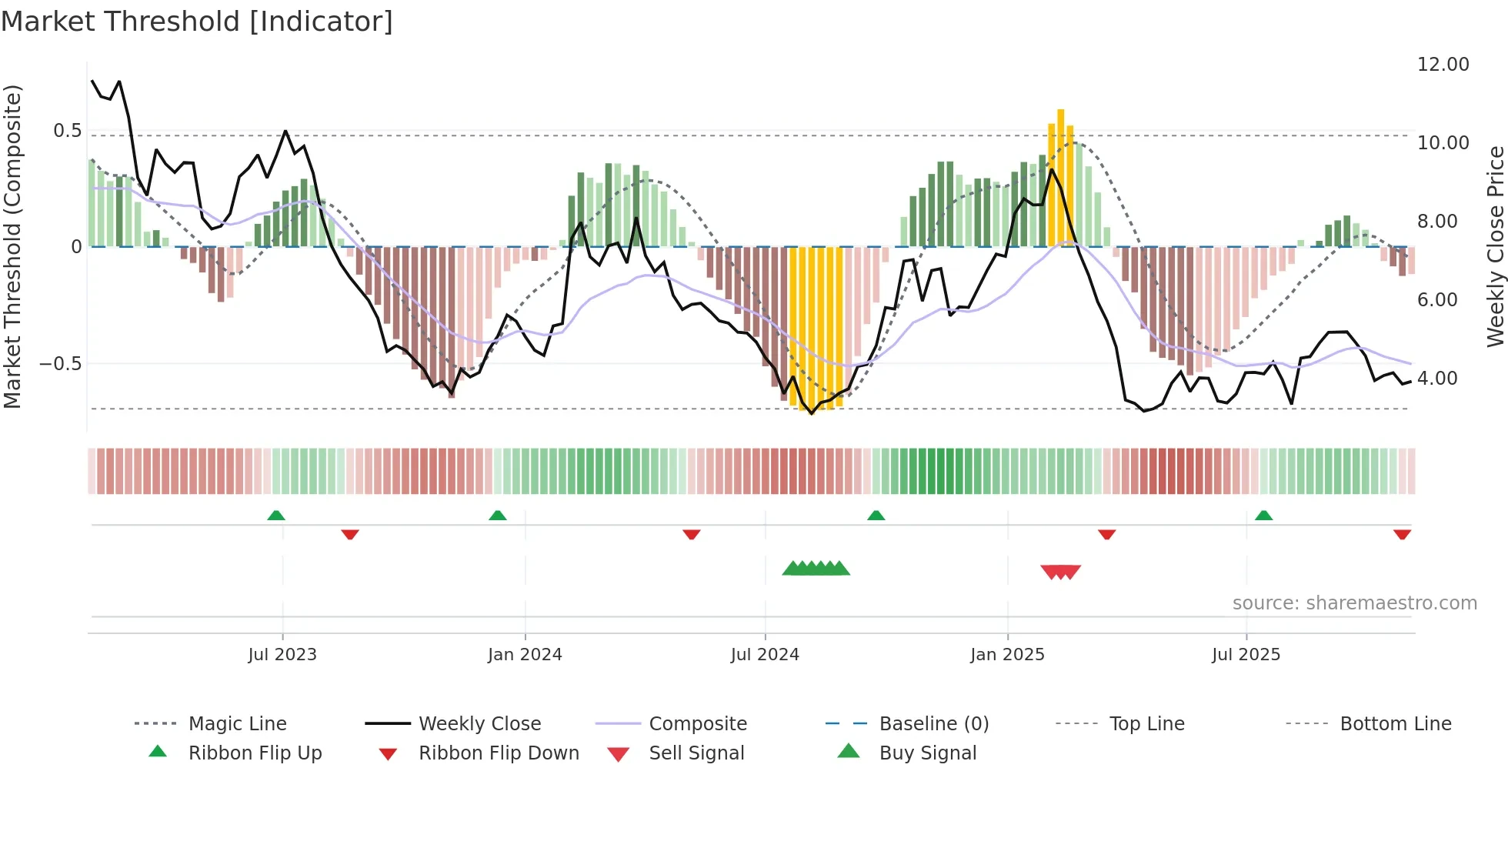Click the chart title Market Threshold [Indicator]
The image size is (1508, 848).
[x=197, y=22]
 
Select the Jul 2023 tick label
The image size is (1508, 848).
[x=282, y=655]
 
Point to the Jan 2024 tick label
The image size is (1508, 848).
[x=525, y=655]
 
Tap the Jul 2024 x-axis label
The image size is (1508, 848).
[x=765, y=655]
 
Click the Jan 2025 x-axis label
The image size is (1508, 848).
[x=1007, y=655]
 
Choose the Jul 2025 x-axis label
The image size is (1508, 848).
[x=1246, y=655]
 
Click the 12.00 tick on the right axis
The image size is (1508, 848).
[x=1443, y=65]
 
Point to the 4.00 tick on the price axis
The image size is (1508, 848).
[x=1437, y=379]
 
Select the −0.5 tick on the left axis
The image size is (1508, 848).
[x=61, y=363]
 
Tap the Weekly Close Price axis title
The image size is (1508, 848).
[x=1495, y=246]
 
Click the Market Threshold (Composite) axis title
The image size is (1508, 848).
[x=12, y=246]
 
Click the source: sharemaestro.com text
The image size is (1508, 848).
[x=1354, y=603]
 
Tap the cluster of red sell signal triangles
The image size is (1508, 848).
[x=1060, y=572]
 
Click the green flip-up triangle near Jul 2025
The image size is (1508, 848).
[x=1263, y=516]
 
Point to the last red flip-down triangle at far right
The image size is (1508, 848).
[x=1402, y=534]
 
